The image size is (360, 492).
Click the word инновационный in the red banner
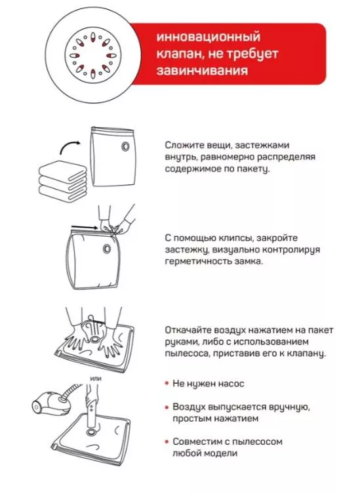pos(209,37)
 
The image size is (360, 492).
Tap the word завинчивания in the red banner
pos(202,70)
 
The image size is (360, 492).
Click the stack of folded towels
pos(62,180)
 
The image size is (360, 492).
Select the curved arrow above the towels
pos(70,146)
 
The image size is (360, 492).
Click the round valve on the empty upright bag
pos(125,146)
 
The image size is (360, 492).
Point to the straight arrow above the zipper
pos(85,226)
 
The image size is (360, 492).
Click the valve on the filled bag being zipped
pos(107,249)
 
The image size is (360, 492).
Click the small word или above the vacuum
pos(96,379)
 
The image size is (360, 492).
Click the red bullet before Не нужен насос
pos(167,384)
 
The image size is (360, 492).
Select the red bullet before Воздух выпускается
pos(167,407)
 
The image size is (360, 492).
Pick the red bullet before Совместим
pos(167,441)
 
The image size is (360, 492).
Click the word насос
pos(231,384)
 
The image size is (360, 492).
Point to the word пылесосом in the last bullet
pos(258,441)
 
